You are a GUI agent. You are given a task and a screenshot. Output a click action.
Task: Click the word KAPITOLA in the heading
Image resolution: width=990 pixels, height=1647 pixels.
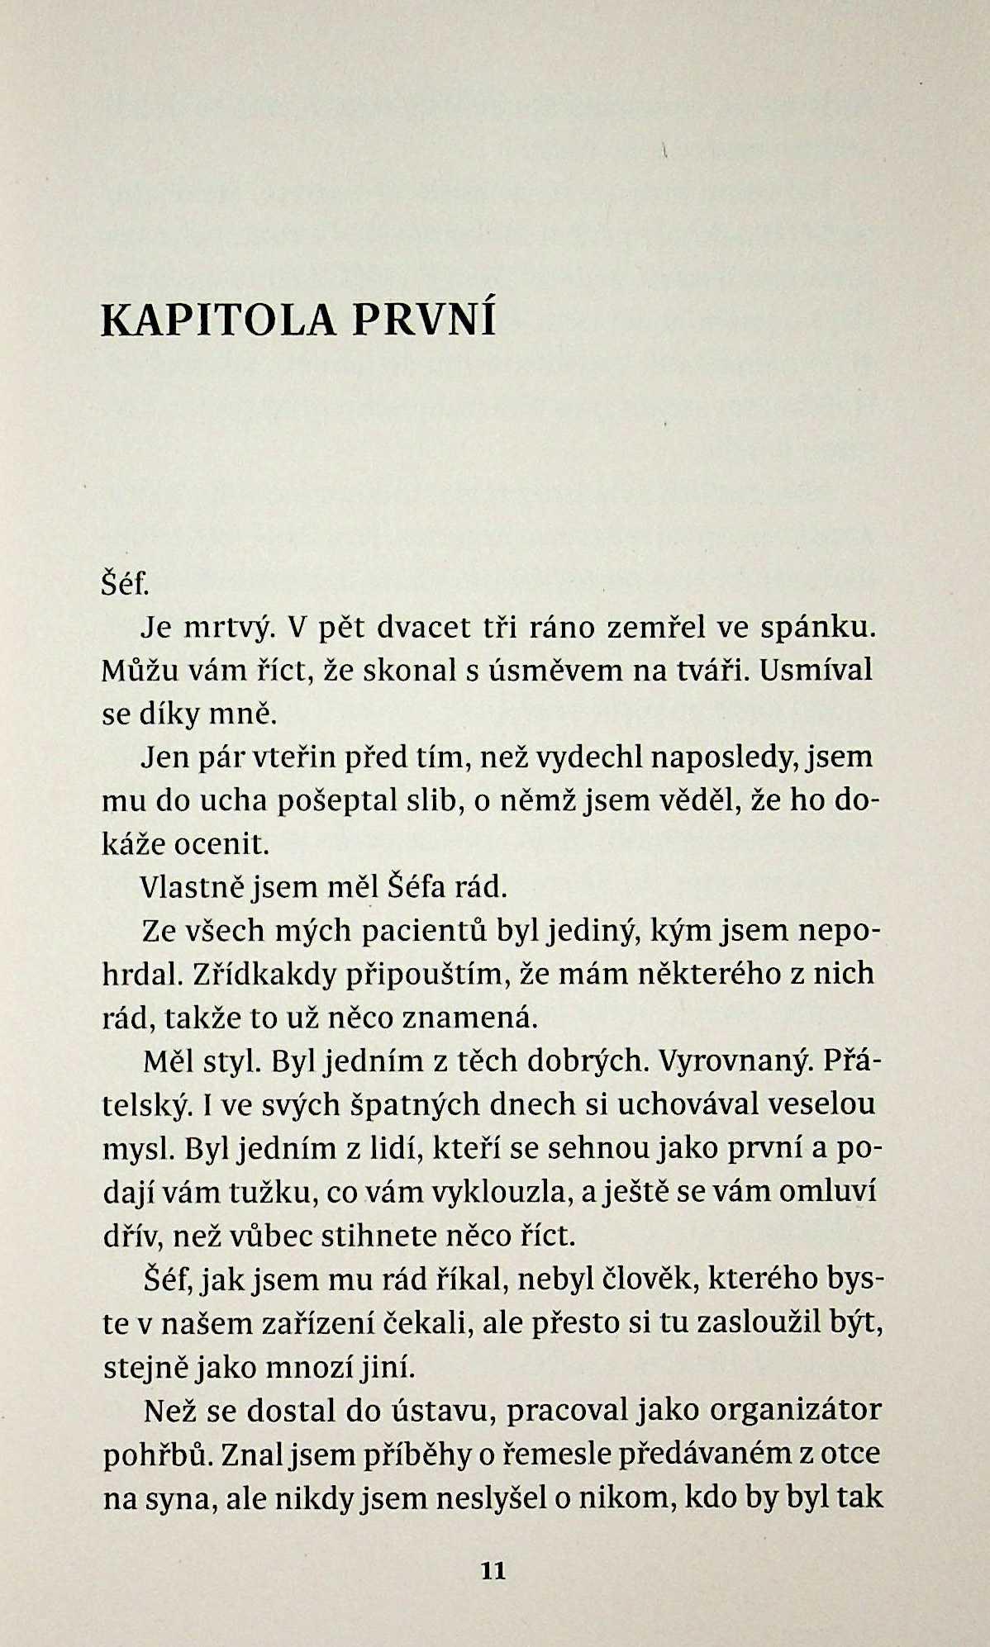(x=217, y=321)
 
